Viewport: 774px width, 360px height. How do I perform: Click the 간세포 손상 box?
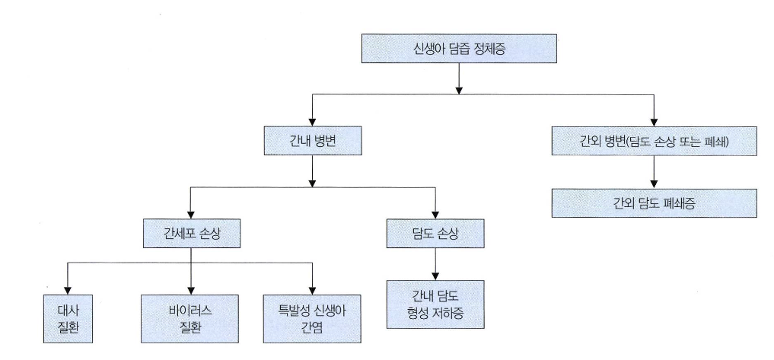(x=191, y=233)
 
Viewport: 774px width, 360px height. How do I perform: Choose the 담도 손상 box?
(x=435, y=233)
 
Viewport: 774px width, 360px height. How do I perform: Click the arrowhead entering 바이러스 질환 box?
(x=190, y=289)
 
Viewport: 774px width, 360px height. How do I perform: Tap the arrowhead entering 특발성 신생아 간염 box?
(x=312, y=289)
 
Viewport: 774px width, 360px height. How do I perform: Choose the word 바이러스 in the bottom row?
(x=190, y=311)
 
